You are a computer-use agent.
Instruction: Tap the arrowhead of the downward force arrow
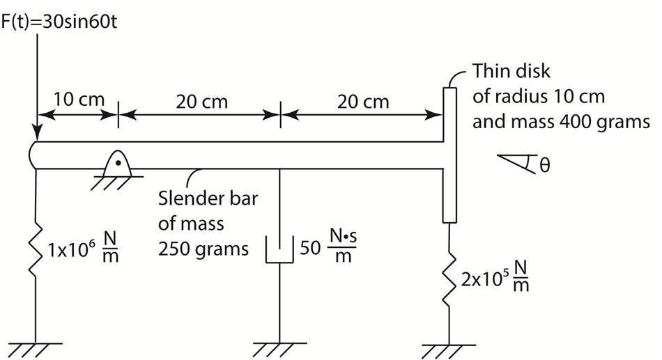pos(37,133)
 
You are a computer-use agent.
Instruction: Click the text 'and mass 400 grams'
pos(561,123)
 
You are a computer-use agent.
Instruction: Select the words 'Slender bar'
pos(208,198)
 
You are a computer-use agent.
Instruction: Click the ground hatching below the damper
pos(279,346)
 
